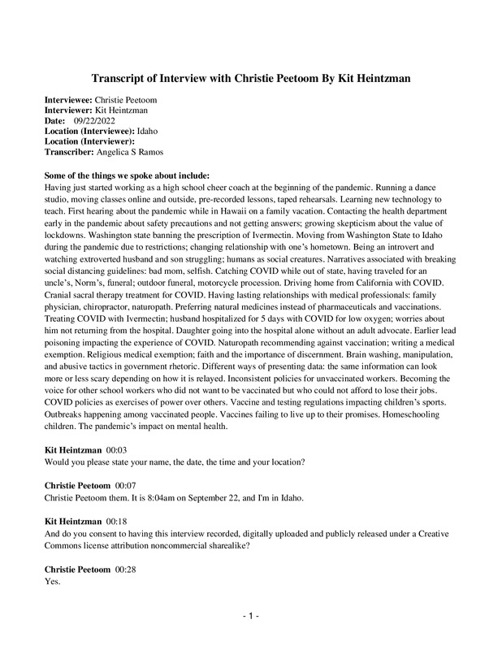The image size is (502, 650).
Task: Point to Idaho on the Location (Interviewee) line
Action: coord(147,130)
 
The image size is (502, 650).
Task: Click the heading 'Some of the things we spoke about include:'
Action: coord(127,175)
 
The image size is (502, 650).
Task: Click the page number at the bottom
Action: coord(250,617)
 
